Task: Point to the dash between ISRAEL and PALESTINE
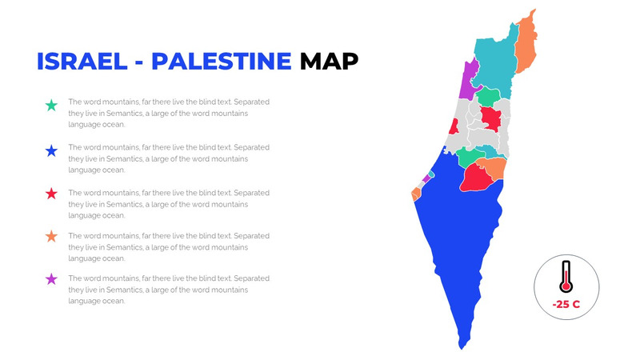tap(137, 62)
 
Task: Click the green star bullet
tap(51, 106)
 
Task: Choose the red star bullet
tap(51, 194)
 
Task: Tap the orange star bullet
tap(51, 237)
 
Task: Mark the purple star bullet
tap(51, 279)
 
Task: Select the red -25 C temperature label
tap(566, 305)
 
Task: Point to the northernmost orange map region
tap(526, 44)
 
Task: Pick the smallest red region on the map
tap(454, 126)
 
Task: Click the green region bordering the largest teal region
tap(490, 97)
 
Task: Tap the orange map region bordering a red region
tap(493, 169)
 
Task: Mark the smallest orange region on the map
tap(416, 194)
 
